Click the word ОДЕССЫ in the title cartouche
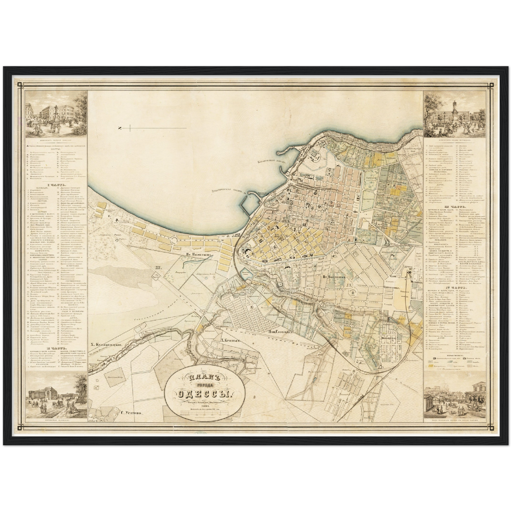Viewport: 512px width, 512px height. pyautogui.click(x=202, y=394)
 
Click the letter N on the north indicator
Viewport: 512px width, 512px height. pyautogui.click(x=120, y=128)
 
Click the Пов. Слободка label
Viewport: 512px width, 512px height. pyautogui.click(x=278, y=332)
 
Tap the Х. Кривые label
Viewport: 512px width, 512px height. pyautogui.click(x=230, y=341)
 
